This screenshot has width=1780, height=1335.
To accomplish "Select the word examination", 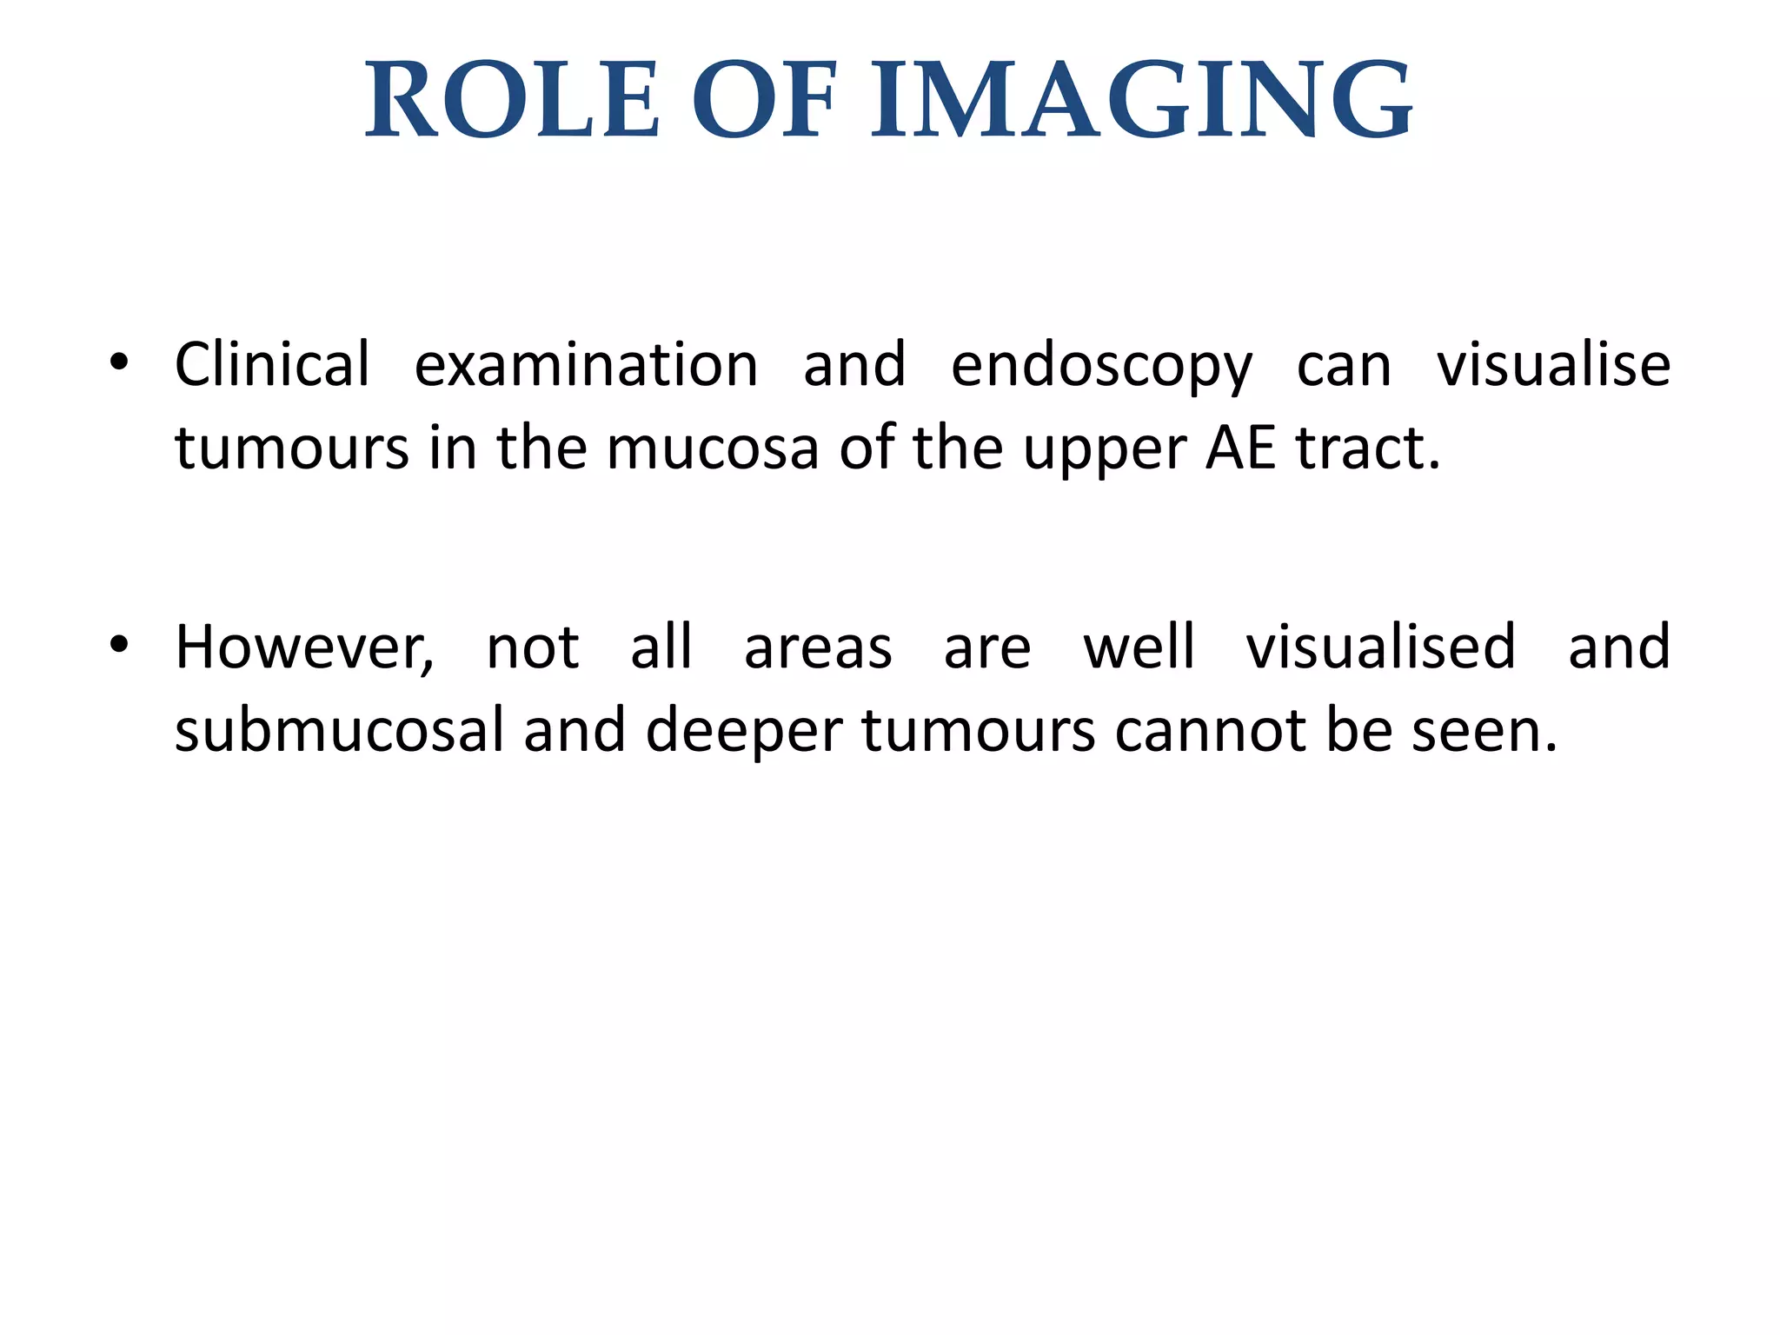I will (586, 365).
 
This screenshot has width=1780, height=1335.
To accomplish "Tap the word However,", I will (304, 648).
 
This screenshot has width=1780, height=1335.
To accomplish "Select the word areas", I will (818, 648).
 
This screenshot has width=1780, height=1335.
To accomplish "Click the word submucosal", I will (340, 730).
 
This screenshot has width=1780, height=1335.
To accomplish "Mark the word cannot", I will (1210, 730).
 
